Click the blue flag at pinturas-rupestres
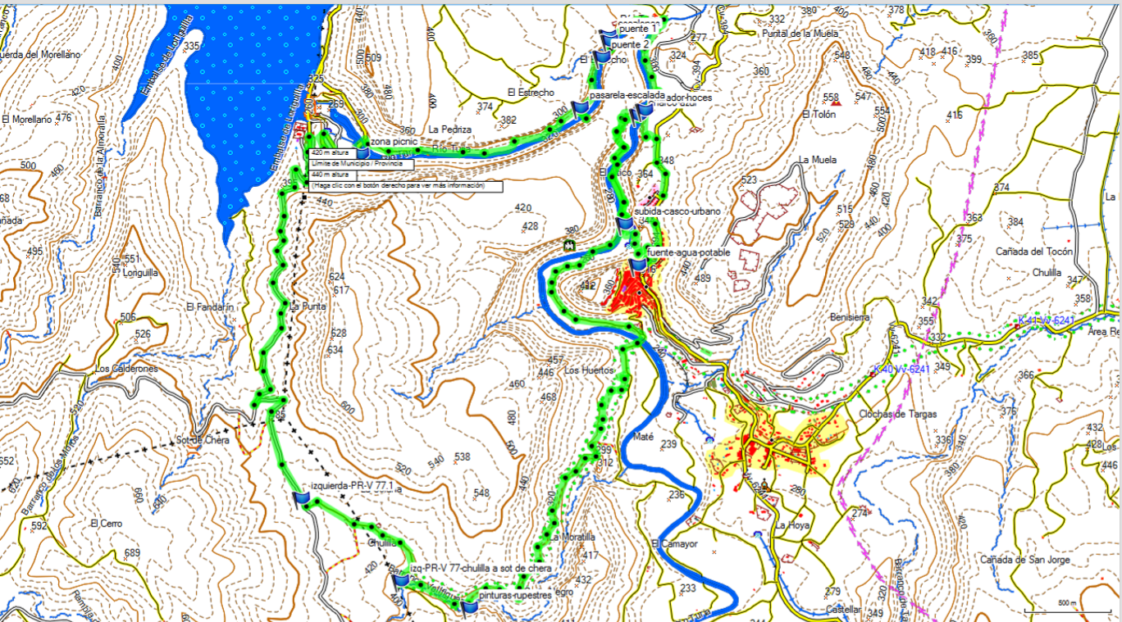coord(470,606)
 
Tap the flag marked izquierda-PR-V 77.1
coord(300,497)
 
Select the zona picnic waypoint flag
coord(363,153)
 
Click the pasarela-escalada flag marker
coord(581,108)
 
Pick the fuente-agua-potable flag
coord(638,264)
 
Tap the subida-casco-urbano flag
coord(625,222)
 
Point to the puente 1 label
coord(638,29)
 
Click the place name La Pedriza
coord(449,129)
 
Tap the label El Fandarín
coord(210,306)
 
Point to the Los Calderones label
coord(125,369)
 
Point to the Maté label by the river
coord(643,437)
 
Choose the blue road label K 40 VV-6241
coord(901,370)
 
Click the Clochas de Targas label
coord(897,414)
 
